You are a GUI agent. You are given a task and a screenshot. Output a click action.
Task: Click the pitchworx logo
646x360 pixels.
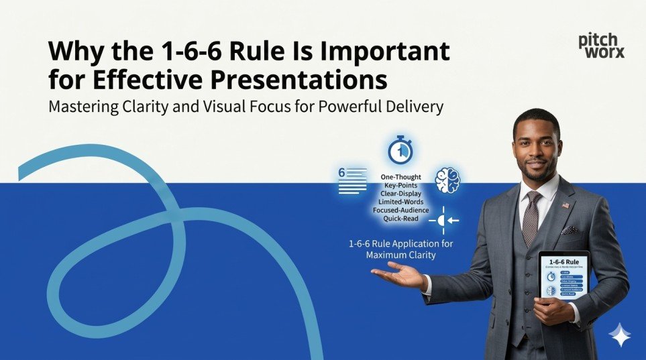(601, 46)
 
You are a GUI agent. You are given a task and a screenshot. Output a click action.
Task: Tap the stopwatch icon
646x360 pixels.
(400, 149)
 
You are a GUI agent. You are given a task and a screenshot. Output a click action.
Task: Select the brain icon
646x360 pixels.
(447, 181)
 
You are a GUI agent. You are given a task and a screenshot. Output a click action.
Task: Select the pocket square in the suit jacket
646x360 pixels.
(570, 230)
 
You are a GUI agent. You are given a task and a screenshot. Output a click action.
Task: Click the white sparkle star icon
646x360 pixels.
(619, 335)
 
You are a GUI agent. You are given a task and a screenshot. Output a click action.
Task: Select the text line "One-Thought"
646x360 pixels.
(400, 177)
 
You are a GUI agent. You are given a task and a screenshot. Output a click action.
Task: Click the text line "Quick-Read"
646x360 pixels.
(400, 219)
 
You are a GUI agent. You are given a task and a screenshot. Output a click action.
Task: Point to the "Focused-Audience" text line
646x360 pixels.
(400, 210)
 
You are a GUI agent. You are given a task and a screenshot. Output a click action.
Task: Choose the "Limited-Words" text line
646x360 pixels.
(400, 202)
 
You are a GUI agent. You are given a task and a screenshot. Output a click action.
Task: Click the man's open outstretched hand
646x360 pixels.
(396, 276)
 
